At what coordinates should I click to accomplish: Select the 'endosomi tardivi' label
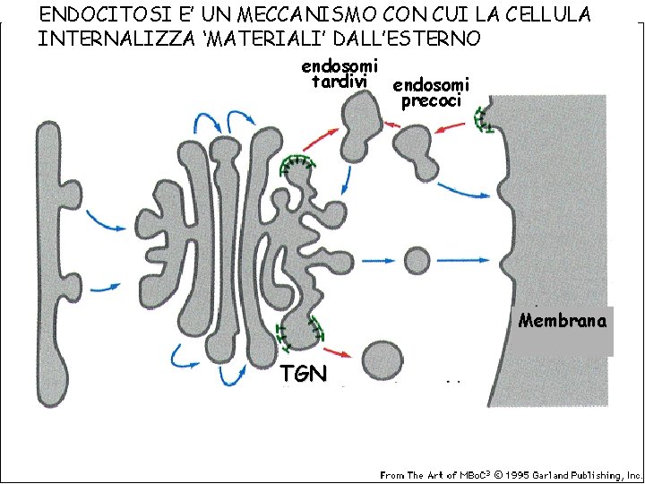pos(340,73)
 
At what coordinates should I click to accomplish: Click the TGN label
pos(303,374)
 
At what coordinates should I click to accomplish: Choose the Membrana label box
pos(563,321)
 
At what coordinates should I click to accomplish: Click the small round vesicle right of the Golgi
pos(417,260)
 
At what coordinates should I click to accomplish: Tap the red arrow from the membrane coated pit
pos(453,129)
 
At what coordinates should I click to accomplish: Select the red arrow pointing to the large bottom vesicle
pos(338,351)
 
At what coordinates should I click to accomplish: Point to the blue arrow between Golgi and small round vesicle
pos(377,261)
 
